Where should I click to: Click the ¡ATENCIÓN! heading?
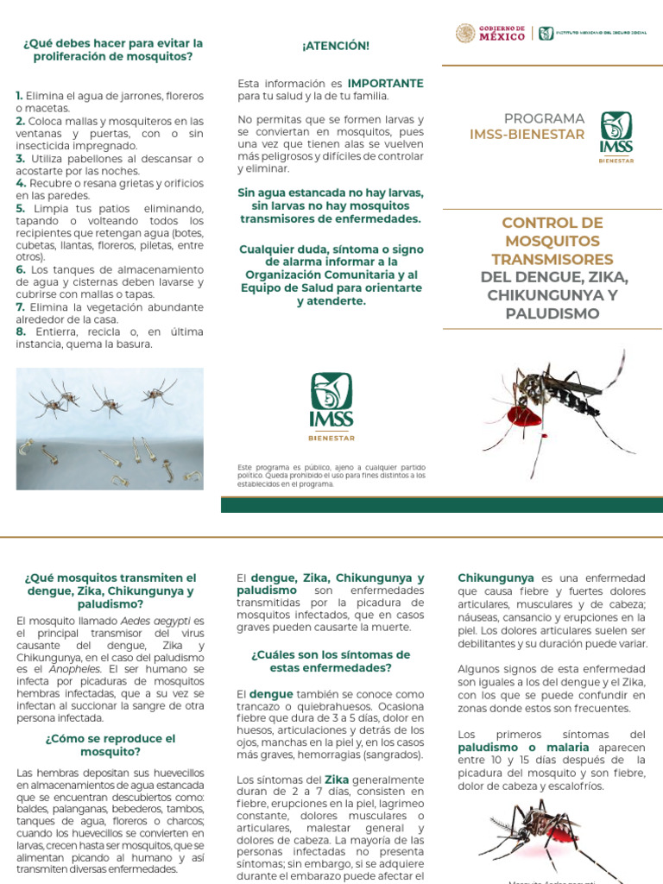coord(331,46)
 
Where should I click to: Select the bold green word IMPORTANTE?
coord(385,84)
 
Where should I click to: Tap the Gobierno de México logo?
coord(490,34)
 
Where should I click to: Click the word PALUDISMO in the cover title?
coord(552,313)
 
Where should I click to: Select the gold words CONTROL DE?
coord(552,223)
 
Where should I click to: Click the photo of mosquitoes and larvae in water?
coord(110,429)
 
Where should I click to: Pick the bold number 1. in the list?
coord(20,96)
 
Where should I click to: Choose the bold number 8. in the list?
coord(21,331)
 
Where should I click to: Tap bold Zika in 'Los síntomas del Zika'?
coord(337,780)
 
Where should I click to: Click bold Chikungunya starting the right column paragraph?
coord(496,578)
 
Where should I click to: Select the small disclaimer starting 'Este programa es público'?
coord(331,476)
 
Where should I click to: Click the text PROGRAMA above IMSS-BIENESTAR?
coord(545,118)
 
